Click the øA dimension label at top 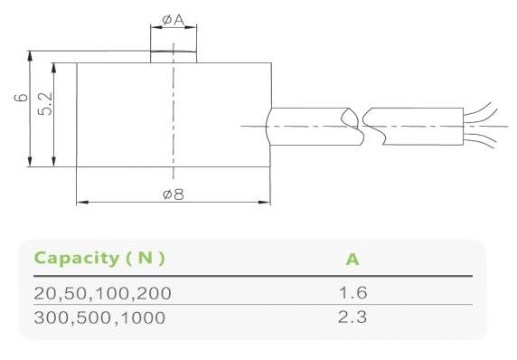tap(174, 20)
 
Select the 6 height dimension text tap(22, 98)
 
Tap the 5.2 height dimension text tap(45, 104)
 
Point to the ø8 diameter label tap(174, 194)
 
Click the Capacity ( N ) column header tap(99, 258)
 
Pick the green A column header tap(352, 260)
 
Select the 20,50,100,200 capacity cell tap(102, 293)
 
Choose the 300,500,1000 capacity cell tap(99, 317)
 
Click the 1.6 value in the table tap(352, 292)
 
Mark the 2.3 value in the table tap(352, 317)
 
